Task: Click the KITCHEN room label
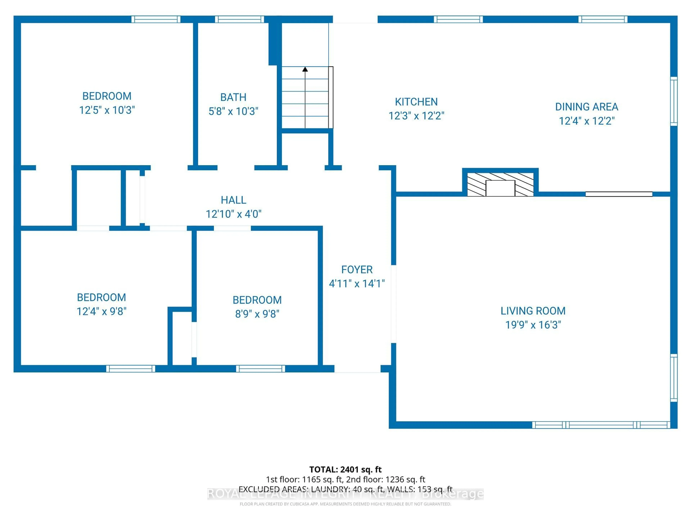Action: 416,102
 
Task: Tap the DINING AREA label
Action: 586,107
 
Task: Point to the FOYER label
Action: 357,269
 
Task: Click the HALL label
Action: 233,200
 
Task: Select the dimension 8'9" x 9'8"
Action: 257,314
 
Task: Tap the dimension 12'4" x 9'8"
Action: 101,311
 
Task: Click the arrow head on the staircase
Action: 305,69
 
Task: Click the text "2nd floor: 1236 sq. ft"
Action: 385,479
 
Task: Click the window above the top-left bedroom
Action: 156,19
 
